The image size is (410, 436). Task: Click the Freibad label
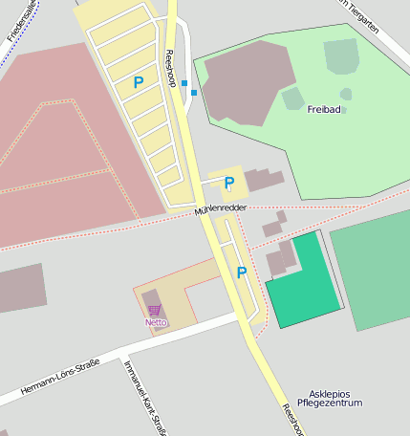click(x=323, y=109)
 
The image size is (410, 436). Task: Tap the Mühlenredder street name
click(x=220, y=207)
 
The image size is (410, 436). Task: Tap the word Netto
click(x=155, y=322)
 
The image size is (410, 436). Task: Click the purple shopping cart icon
click(x=155, y=310)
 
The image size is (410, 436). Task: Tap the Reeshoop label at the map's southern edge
click(x=291, y=419)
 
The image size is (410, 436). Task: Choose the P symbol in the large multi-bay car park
click(x=139, y=83)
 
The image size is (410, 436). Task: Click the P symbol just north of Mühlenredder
click(x=229, y=183)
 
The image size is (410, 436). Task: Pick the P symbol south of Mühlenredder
click(x=241, y=273)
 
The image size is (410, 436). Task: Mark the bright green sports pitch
click(x=304, y=282)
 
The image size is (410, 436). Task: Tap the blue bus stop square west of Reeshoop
click(x=184, y=83)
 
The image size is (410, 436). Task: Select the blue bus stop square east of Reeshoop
click(x=194, y=93)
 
